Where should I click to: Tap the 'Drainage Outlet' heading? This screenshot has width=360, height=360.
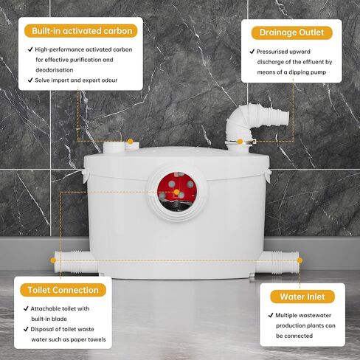[291, 32]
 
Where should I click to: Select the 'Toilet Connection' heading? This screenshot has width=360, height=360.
[63, 290]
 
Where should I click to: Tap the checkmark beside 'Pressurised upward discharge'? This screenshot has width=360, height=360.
[251, 52]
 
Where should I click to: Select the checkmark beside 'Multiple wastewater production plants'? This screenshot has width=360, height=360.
[271, 315]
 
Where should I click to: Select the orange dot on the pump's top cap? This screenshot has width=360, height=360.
[130, 140]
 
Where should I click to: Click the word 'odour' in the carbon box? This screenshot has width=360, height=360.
[107, 80]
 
